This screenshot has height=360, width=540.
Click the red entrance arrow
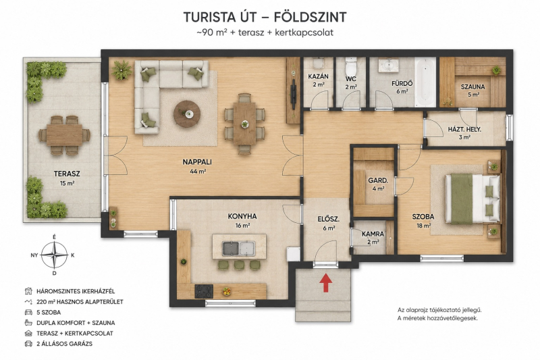coord(325,282)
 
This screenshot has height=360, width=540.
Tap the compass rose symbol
coord(54,255)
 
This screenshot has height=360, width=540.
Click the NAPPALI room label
coord(197,162)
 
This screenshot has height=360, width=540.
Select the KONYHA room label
coord(242,216)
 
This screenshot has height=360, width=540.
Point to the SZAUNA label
coord(473,87)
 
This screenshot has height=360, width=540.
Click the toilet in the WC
coord(351,64)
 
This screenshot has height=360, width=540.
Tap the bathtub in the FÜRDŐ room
coord(425,82)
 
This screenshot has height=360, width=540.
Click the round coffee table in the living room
coord(187,114)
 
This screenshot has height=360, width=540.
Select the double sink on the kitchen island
coord(239,249)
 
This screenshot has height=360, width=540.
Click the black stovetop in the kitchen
coord(204,292)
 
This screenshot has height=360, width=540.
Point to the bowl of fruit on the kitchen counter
coord(226,292)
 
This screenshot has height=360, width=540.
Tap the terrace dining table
coord(64,135)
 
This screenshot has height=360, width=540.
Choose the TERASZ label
coord(67,174)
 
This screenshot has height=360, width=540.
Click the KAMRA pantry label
coord(373,234)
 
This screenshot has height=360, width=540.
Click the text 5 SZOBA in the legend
coord(49,313)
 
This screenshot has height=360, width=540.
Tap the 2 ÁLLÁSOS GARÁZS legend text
coord(64,344)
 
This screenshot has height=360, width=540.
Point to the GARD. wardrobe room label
coord(378,180)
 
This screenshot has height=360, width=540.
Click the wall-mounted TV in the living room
coord(293,91)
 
